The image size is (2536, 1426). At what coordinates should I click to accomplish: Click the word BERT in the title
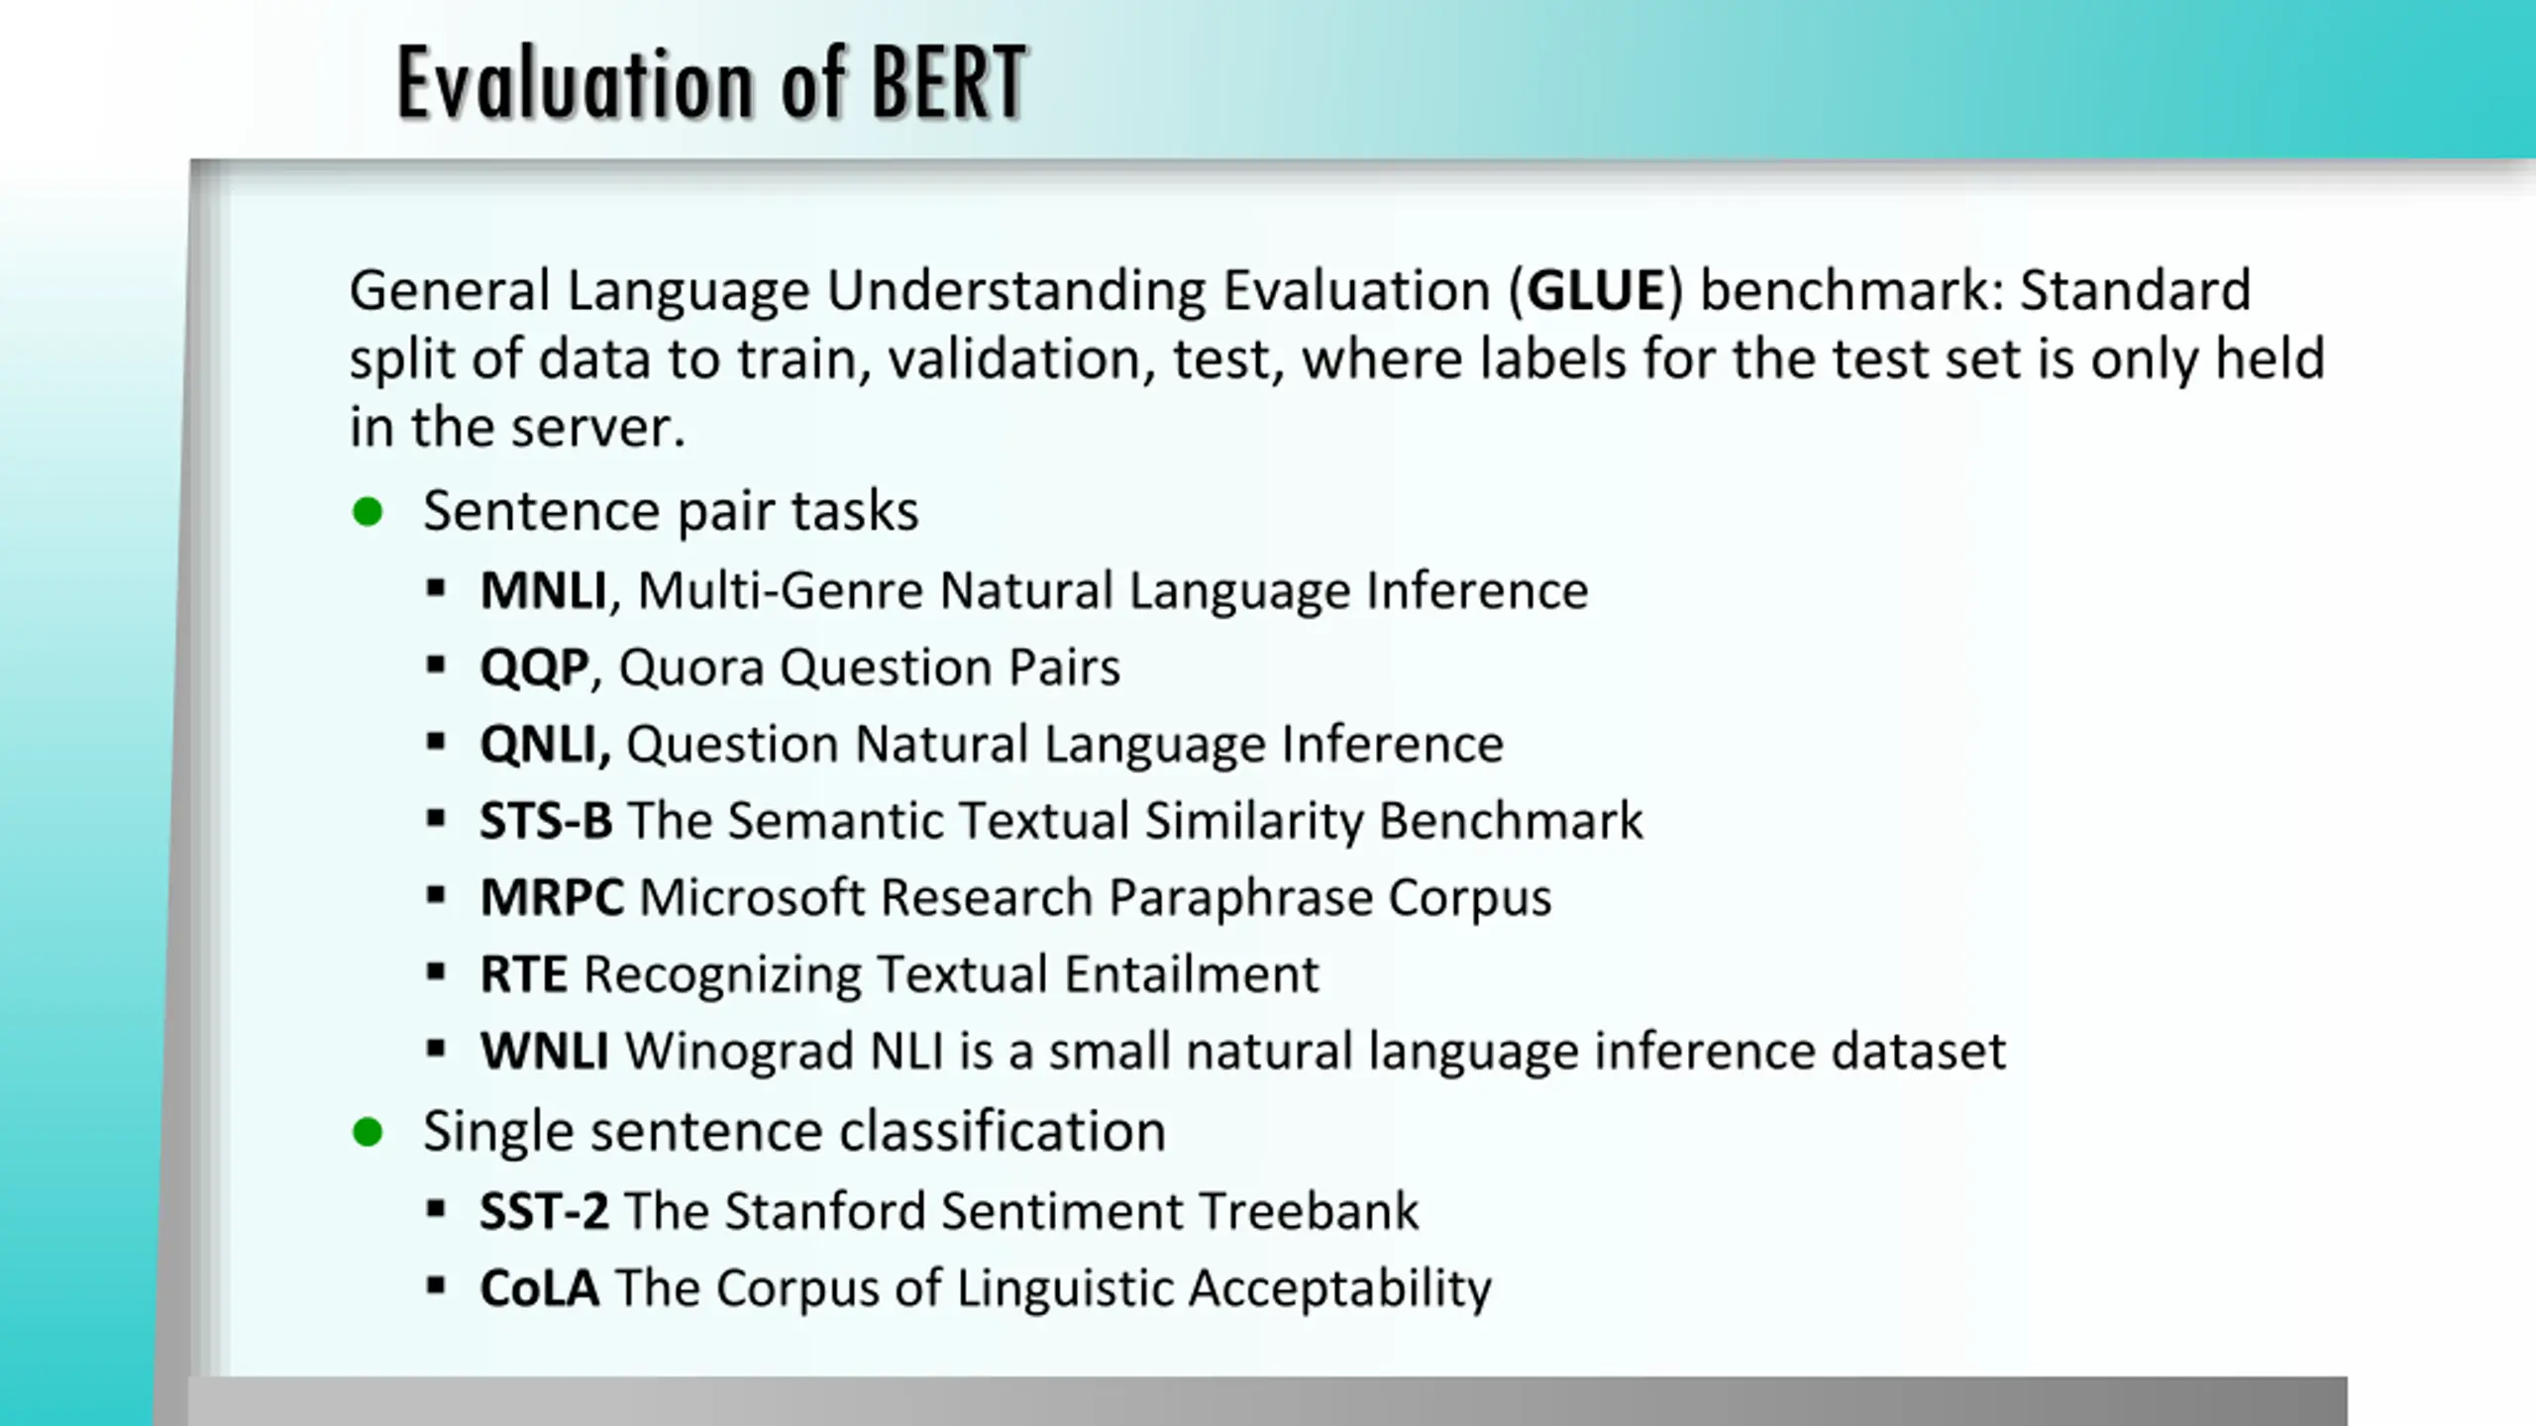(x=948, y=83)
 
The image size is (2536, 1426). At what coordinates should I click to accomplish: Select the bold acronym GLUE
(x=1595, y=291)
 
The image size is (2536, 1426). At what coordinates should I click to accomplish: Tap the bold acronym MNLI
(x=543, y=590)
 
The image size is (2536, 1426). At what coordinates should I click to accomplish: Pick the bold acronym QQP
(x=535, y=667)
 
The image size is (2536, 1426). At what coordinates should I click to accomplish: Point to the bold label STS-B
(x=546, y=820)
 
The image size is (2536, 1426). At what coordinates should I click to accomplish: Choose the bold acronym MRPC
(x=552, y=897)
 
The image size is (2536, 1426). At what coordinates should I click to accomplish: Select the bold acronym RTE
(x=524, y=973)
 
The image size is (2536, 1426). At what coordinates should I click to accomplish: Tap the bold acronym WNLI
(x=545, y=1051)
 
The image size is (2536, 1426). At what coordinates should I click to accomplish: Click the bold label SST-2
(x=544, y=1211)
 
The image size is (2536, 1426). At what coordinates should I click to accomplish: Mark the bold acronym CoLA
(x=540, y=1287)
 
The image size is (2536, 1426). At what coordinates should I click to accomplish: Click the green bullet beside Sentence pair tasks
(x=368, y=512)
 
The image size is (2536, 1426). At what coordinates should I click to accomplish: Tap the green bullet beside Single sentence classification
(x=368, y=1132)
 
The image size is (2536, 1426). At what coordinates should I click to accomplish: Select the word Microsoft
(x=753, y=897)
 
